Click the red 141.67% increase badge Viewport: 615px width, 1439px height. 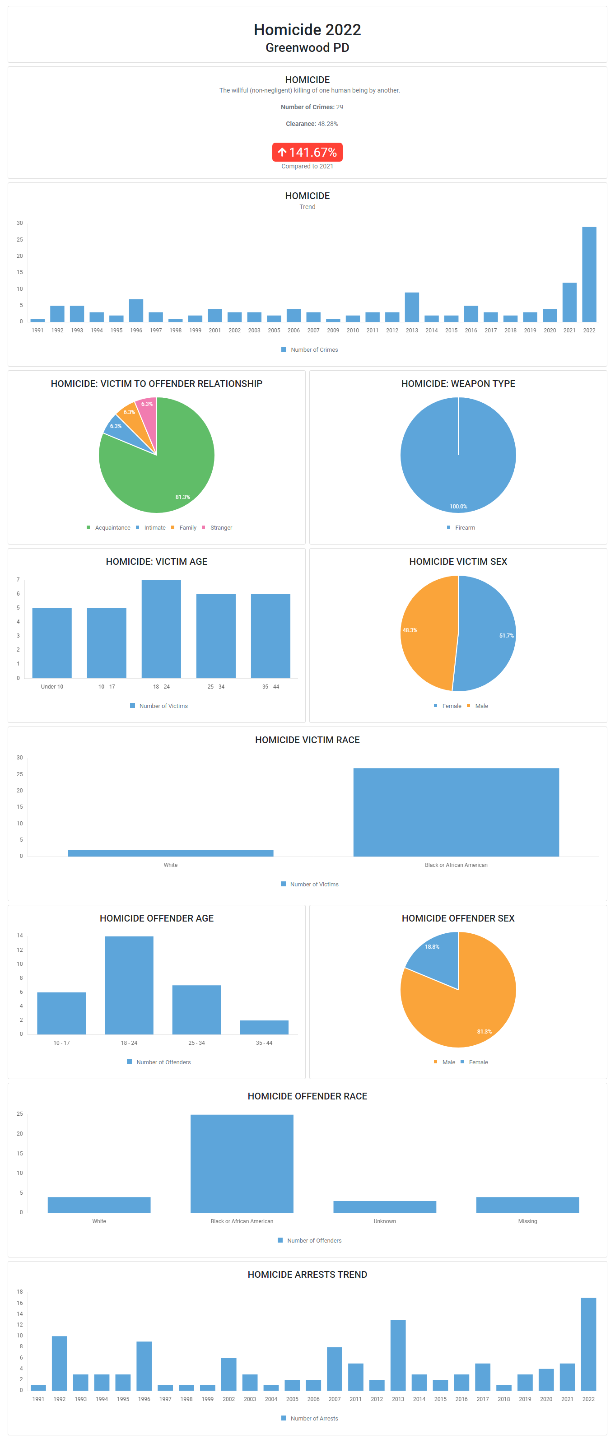[307, 152]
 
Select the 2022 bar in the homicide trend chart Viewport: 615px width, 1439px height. [589, 274]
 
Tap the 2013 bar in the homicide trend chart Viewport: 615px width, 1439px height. [412, 307]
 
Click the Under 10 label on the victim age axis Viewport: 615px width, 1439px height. [52, 687]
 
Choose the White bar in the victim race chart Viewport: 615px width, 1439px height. [170, 853]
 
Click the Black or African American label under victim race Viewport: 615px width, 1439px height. [456, 865]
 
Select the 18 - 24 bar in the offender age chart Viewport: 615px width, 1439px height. [129, 985]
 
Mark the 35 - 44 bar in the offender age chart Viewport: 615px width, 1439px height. [264, 1027]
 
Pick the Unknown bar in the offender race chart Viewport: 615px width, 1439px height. [384, 1206]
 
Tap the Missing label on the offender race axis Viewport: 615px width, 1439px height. [527, 1221]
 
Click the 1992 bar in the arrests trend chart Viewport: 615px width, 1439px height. [59, 1363]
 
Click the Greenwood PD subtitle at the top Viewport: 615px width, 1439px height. [307, 48]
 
